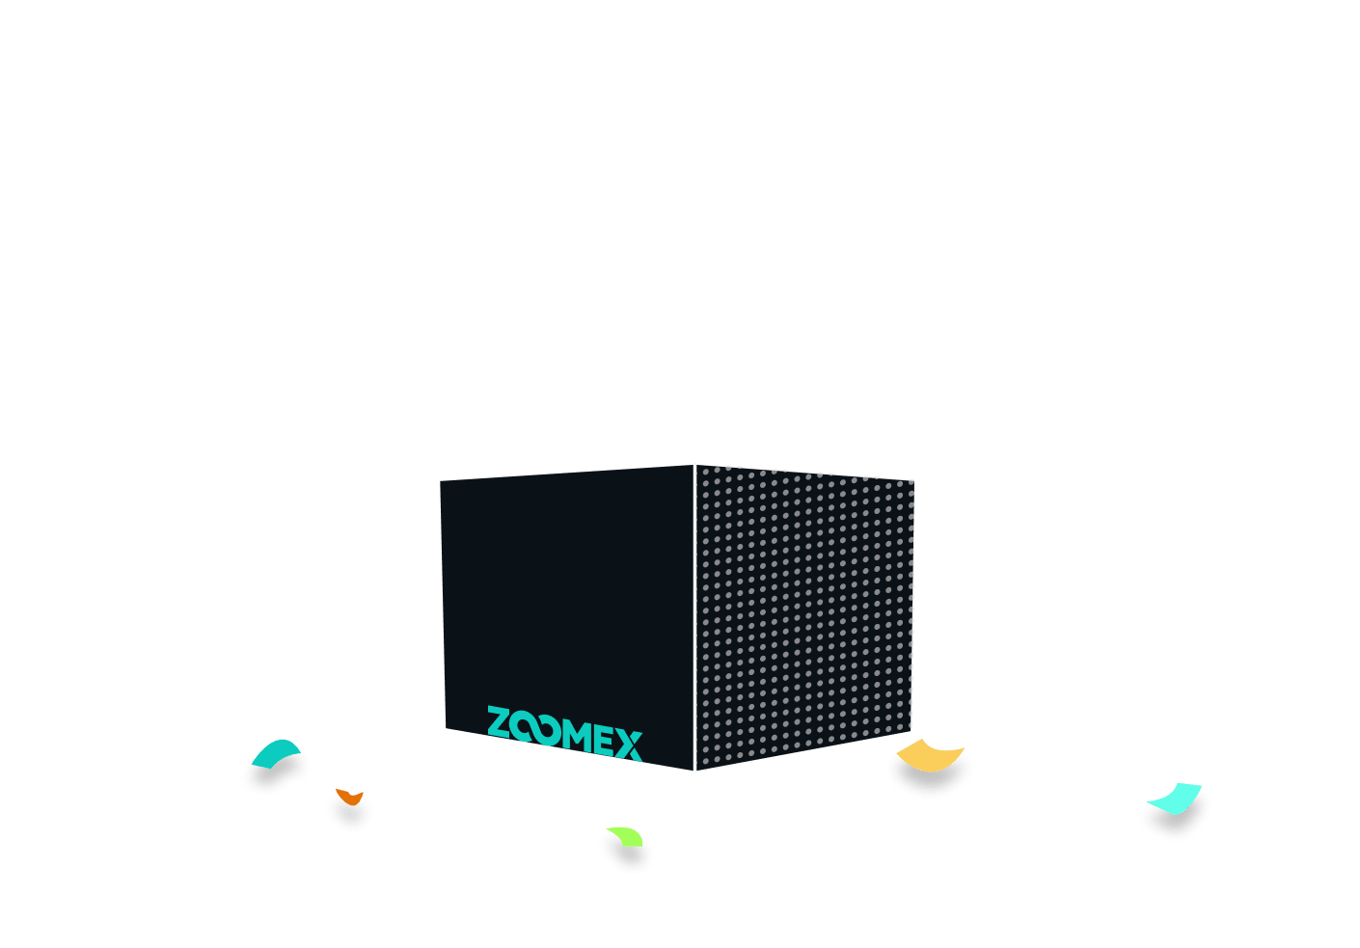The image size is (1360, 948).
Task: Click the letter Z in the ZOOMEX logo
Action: click(499, 722)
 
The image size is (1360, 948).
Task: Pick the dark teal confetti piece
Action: click(275, 752)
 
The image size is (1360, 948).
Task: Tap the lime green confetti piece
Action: click(628, 836)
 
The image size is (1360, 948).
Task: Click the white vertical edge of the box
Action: click(694, 617)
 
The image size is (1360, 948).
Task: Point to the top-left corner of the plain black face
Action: click(440, 481)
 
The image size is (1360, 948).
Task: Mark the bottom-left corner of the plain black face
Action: click(446, 728)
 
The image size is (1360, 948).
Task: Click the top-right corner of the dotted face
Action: click(914, 481)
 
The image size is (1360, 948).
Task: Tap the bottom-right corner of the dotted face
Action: click(911, 731)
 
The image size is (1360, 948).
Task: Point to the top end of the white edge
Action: click(694, 465)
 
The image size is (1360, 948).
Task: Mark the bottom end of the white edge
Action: click(694, 771)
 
